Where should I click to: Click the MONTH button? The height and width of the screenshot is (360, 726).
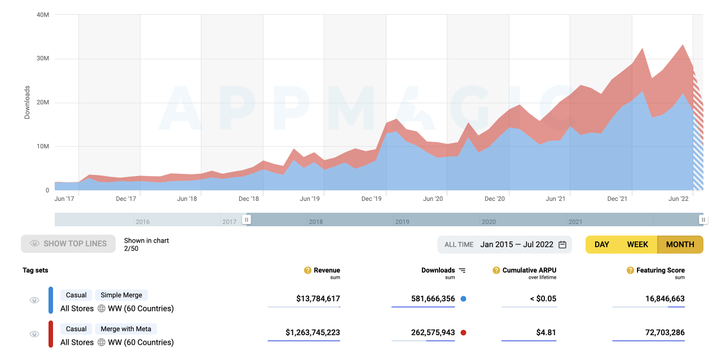(680, 244)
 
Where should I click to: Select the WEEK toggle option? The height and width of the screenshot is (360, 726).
(637, 244)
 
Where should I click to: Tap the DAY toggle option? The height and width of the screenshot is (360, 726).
(602, 244)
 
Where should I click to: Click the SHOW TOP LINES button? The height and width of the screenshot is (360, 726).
(68, 244)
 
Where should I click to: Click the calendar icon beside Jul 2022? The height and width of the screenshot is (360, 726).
(562, 244)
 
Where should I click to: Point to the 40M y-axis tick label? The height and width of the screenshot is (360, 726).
(42, 15)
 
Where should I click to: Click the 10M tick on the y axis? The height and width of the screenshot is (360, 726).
(42, 146)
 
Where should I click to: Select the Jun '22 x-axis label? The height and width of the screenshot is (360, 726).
(679, 199)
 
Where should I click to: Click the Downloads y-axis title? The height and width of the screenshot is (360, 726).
(27, 102)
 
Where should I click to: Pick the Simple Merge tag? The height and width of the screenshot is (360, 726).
(121, 295)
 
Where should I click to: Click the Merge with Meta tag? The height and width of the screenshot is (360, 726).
(126, 329)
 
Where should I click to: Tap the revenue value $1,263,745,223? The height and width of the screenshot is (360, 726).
(313, 332)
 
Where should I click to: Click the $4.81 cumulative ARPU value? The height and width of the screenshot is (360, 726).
(546, 332)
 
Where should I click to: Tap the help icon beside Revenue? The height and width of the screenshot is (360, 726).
(307, 270)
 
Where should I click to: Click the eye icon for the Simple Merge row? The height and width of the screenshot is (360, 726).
(34, 300)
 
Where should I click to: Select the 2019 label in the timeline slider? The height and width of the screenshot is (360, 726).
(402, 222)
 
